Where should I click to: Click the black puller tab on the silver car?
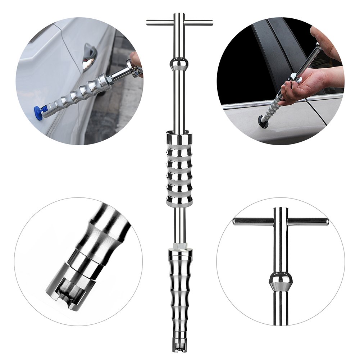263,122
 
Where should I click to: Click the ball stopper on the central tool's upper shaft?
179,65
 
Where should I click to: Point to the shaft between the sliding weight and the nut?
179,225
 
